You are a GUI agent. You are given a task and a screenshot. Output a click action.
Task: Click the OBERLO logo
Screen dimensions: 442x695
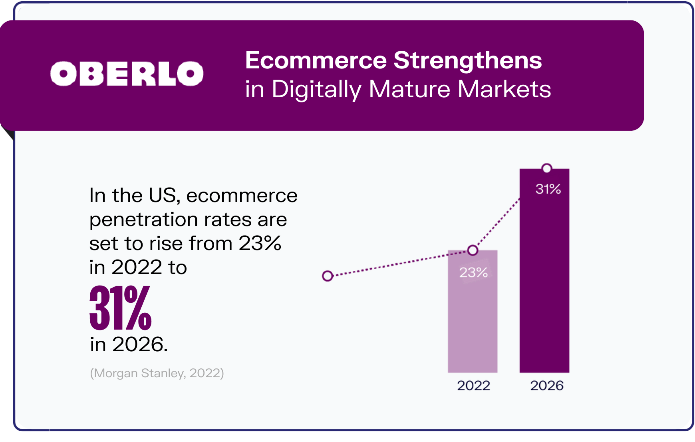127,74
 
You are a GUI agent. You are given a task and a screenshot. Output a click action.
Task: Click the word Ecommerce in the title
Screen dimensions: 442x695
316,60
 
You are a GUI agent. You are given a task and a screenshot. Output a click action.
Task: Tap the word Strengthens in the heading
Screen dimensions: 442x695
468,60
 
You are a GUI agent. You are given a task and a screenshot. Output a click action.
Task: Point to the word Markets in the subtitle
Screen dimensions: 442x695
504,89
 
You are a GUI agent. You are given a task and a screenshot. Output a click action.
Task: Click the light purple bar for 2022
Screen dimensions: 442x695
473,320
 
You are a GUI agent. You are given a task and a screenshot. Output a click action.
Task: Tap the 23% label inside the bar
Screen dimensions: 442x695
473,273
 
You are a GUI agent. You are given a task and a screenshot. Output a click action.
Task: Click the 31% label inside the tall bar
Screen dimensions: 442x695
548,189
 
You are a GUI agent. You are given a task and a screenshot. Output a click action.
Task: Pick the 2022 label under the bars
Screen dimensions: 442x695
473,386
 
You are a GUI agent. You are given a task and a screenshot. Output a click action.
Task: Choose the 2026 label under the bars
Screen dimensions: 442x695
547,386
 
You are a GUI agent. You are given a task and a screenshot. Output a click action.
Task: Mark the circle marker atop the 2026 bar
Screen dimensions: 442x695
547,168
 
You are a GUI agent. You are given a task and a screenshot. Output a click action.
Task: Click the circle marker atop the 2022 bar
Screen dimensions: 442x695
473,250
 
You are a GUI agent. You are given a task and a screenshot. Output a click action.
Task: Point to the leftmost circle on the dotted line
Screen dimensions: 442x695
328,276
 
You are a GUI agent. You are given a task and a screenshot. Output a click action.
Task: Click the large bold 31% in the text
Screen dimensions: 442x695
120,308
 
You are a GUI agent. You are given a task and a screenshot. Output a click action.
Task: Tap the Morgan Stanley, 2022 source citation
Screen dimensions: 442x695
157,373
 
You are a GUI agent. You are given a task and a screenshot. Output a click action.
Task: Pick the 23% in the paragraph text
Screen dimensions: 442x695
260,244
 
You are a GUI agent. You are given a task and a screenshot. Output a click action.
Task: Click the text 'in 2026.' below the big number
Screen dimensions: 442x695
129,344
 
